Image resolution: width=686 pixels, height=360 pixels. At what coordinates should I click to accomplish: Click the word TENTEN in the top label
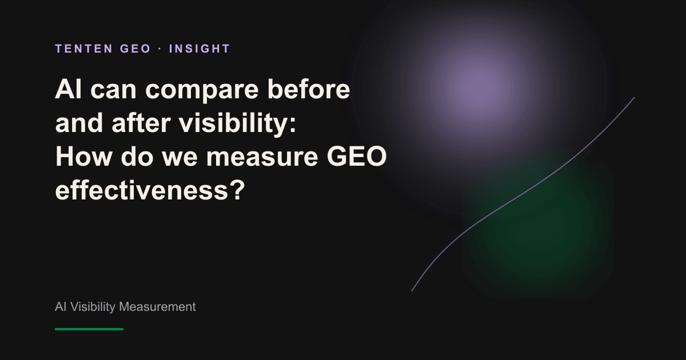84,49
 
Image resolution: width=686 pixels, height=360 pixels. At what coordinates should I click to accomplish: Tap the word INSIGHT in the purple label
200,49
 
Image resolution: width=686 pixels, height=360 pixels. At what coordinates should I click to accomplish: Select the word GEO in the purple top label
135,49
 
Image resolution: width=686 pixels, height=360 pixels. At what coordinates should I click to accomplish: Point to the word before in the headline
309,89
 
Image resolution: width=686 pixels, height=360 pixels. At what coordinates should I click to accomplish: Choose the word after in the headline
141,123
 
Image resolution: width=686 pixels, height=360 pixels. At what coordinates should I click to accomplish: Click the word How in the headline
83,157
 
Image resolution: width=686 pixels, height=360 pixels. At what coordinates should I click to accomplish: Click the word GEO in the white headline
357,157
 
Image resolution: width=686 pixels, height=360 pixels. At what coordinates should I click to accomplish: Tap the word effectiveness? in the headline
150,190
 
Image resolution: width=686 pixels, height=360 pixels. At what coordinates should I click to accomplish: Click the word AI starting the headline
68,89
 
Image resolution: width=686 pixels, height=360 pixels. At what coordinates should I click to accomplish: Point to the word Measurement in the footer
157,307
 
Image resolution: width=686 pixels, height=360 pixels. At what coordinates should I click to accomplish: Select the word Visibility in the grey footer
93,307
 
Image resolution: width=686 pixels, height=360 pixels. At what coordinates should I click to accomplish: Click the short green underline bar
89,329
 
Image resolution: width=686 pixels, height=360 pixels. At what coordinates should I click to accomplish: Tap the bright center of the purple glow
479,88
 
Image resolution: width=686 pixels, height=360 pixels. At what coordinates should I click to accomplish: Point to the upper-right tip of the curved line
634,97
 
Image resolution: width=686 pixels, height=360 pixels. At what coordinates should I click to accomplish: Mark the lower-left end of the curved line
412,291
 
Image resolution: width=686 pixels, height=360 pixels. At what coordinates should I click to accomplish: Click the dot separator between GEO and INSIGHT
160,49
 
